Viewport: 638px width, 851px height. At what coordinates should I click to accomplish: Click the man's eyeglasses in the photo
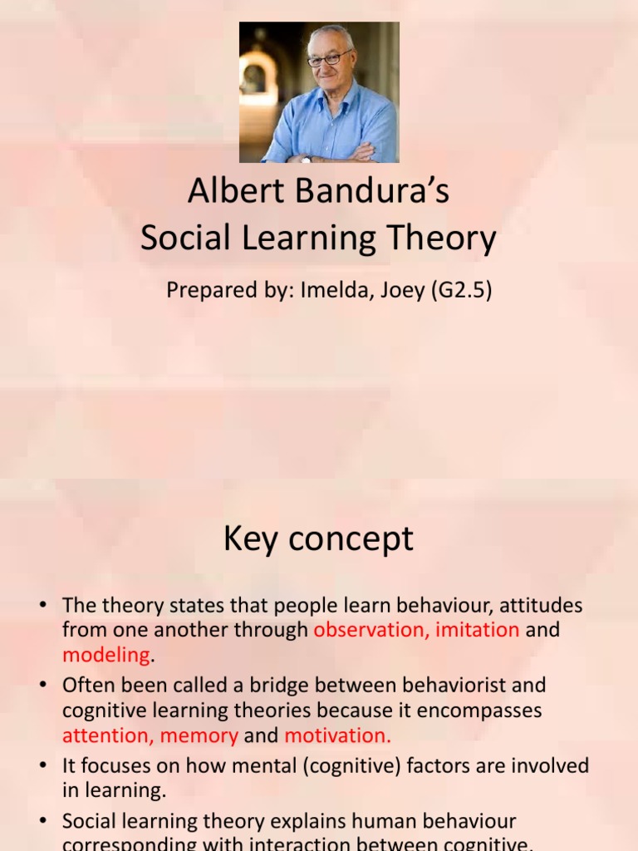(329, 59)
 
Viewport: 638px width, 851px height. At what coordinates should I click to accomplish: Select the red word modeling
(106, 655)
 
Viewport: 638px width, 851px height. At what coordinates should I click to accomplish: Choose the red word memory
(199, 735)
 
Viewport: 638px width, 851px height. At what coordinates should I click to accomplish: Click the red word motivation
(336, 735)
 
